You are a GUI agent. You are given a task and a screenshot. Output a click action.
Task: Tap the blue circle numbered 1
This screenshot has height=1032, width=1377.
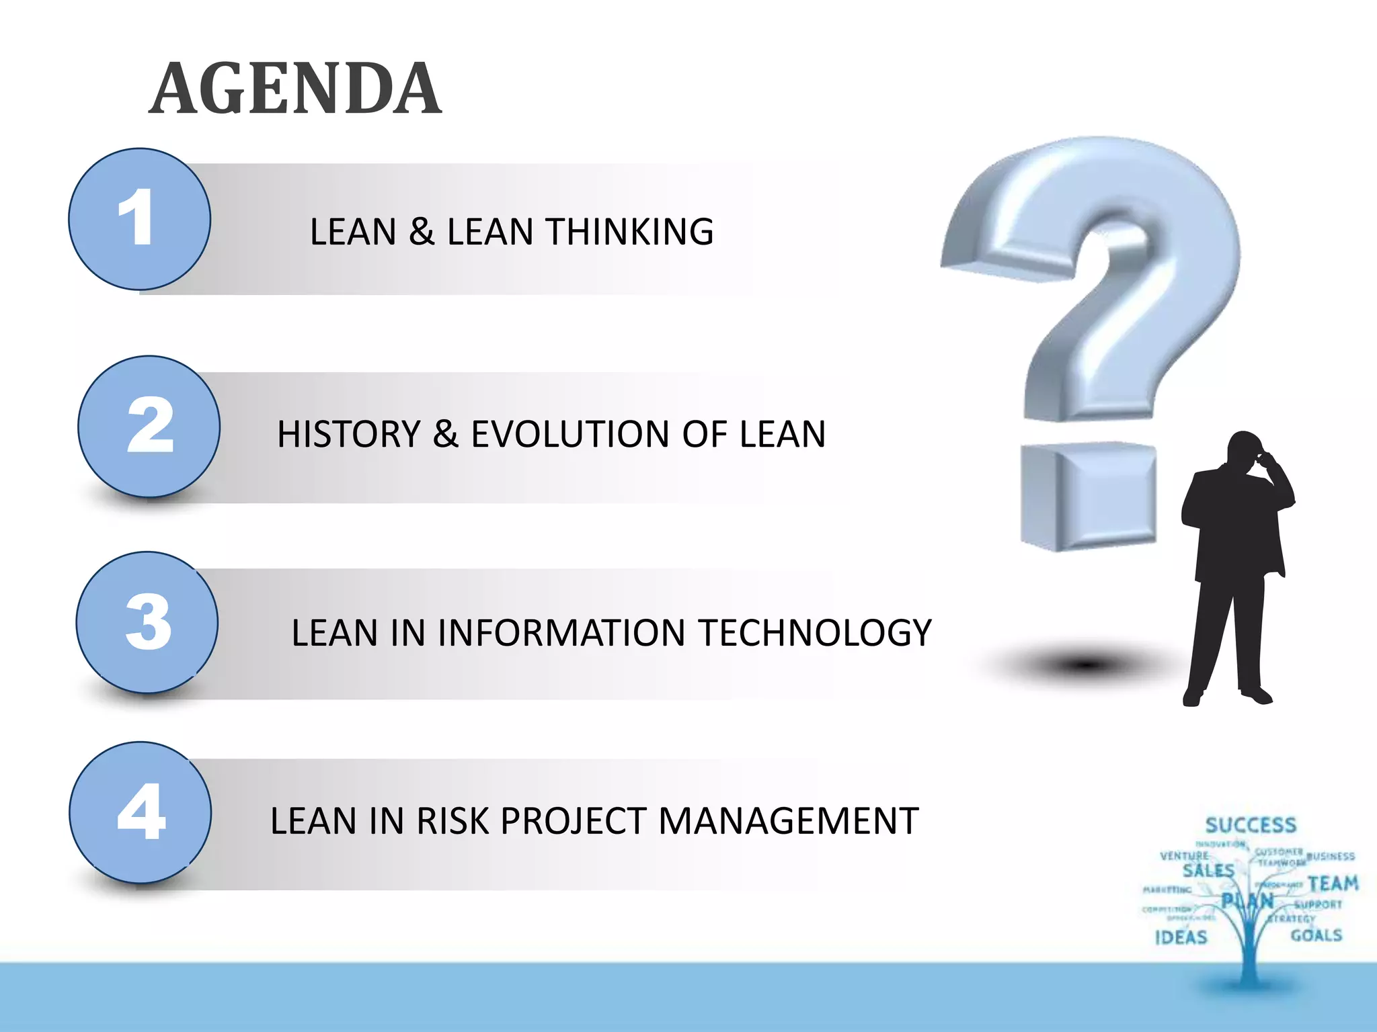pos(139,219)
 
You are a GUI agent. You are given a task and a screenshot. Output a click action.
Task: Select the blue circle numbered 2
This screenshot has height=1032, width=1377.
pos(149,427)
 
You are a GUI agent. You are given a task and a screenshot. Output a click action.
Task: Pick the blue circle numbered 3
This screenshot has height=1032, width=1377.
pos(147,622)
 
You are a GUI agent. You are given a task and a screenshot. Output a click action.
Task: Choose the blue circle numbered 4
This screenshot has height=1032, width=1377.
pos(140,812)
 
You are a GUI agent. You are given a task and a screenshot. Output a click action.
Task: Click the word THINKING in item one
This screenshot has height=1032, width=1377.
pos(629,232)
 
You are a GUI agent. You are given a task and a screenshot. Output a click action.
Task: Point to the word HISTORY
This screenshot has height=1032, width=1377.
pos(348,434)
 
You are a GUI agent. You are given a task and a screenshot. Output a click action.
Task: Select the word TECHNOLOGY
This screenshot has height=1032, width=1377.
pos(814,633)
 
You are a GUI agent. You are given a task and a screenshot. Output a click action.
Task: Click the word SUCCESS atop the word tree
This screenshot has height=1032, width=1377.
pos(1251,825)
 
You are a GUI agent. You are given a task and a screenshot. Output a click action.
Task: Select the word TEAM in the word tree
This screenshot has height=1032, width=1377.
pos(1333,883)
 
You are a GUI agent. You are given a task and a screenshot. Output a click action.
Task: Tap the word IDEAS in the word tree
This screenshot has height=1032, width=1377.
pos(1181,937)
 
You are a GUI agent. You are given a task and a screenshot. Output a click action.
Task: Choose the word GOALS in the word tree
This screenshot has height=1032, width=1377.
pos(1316,935)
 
